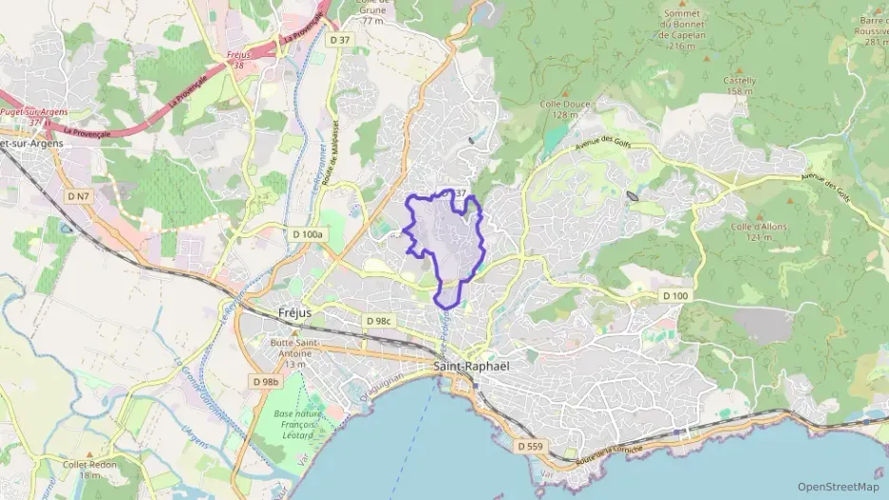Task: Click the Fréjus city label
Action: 295,312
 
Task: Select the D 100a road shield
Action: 308,234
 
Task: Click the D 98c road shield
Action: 378,321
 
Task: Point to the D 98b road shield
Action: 266,381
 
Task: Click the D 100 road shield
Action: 674,297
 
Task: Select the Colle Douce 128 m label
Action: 564,109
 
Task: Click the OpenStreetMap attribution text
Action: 838,487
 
